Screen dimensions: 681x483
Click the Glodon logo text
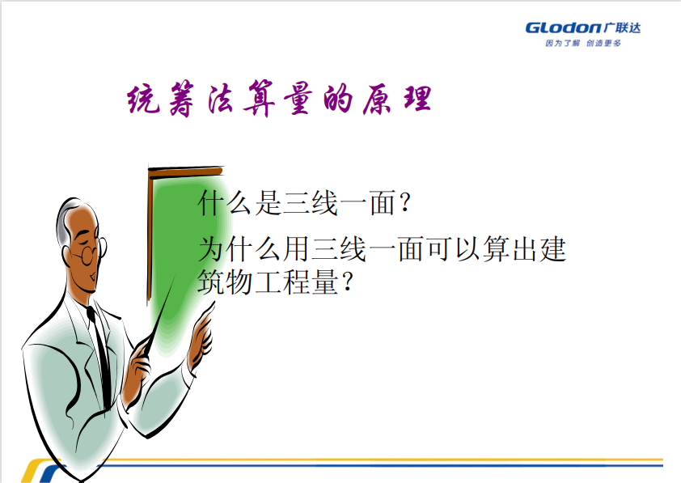pos(563,28)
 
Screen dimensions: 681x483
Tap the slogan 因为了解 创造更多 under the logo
pos(583,43)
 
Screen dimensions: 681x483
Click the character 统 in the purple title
pos(143,99)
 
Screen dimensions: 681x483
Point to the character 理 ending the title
pos(418,98)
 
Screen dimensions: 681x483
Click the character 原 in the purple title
pos(378,100)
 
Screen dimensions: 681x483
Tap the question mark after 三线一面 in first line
pos(404,203)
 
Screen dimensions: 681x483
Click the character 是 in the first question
pos(269,203)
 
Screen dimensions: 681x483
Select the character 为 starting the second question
pos(212,249)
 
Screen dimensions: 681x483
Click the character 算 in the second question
pos(497,249)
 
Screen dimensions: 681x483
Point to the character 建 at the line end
pos(553,249)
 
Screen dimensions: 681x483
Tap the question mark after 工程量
pos(348,282)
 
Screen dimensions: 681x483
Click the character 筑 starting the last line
pos(212,282)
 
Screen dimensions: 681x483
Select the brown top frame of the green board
pos(185,172)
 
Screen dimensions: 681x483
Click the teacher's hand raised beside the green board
pos(201,334)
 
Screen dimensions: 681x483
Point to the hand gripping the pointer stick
pos(138,369)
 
